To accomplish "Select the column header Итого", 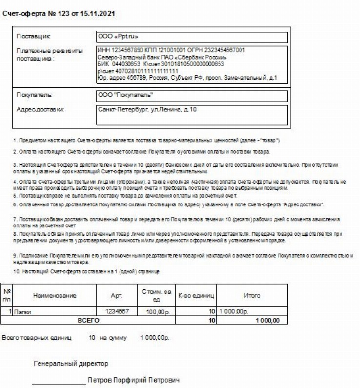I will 252,296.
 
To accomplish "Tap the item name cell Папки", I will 21,311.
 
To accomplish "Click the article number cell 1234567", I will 117,311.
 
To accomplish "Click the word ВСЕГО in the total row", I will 89,320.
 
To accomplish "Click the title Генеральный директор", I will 70,364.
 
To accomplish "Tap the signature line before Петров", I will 59,382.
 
